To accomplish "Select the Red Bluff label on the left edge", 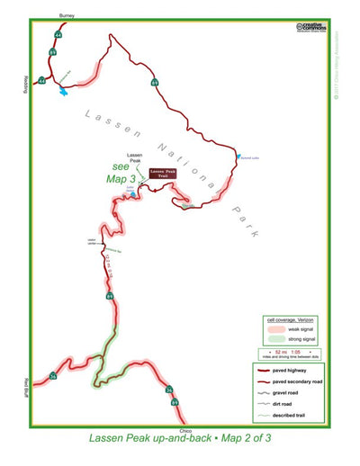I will click(x=19, y=386).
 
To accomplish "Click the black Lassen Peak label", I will click(x=132, y=157).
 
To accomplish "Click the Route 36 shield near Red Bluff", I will click(x=53, y=376).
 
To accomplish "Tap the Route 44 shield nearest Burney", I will click(x=58, y=35).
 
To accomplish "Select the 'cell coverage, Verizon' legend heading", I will click(x=288, y=318).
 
